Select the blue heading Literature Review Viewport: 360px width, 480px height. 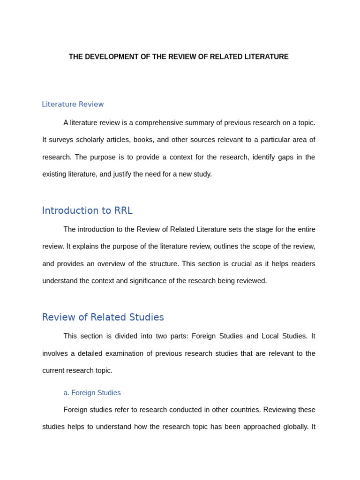pyautogui.click(x=73, y=104)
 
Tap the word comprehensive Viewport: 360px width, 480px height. pyautogui.click(x=153, y=123)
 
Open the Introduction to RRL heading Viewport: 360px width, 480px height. pyautogui.click(x=87, y=210)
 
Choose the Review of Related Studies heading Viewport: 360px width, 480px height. pyautogui.click(x=103, y=317)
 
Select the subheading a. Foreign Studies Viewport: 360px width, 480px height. pyautogui.click(x=92, y=393)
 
